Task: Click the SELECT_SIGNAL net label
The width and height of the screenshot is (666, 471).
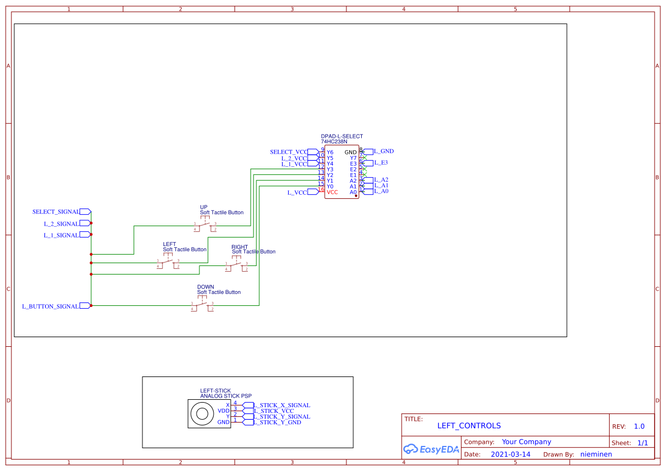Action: click(x=56, y=212)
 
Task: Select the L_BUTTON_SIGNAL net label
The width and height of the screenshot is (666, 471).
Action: click(x=50, y=306)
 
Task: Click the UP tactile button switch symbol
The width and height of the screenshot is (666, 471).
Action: click(x=205, y=226)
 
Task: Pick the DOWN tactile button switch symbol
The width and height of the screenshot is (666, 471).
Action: click(x=202, y=306)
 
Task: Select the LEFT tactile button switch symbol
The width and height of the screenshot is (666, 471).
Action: click(x=168, y=263)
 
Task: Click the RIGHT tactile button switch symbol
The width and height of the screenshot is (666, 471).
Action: click(x=236, y=266)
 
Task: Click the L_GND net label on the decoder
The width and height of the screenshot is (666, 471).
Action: click(x=383, y=151)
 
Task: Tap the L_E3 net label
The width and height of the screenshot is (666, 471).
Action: click(x=381, y=163)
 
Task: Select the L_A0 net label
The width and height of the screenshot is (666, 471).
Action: click(x=381, y=191)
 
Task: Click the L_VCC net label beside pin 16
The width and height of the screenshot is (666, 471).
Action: click(x=297, y=193)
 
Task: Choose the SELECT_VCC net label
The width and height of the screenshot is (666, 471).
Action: click(x=288, y=152)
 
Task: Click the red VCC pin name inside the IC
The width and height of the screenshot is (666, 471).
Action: click(x=332, y=193)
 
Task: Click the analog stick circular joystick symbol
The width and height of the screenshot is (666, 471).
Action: click(x=201, y=413)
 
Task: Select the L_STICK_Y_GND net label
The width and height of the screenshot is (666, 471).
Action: click(x=277, y=423)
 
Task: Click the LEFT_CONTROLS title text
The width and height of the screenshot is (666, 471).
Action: click(x=469, y=425)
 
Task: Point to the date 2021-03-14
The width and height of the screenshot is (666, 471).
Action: click(x=511, y=454)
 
